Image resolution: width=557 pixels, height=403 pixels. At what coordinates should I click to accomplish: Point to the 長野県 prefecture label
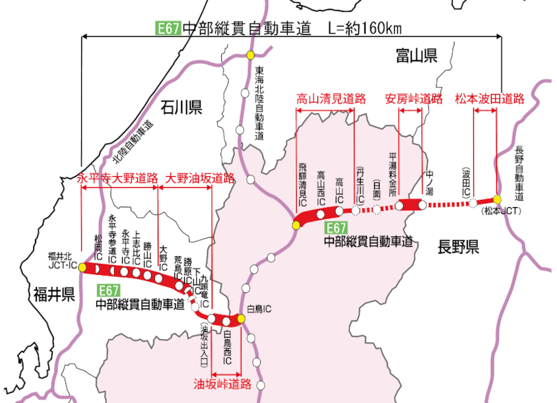click(457, 247)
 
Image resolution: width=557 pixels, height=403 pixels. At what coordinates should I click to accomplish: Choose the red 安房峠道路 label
click(413, 99)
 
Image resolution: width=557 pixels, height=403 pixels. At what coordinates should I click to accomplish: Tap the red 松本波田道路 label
click(489, 99)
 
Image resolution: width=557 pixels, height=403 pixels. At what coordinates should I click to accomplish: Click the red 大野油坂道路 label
click(200, 178)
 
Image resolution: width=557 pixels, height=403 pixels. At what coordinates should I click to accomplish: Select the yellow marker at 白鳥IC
click(242, 319)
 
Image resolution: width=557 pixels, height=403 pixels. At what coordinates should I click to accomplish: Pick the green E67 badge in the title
click(168, 28)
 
